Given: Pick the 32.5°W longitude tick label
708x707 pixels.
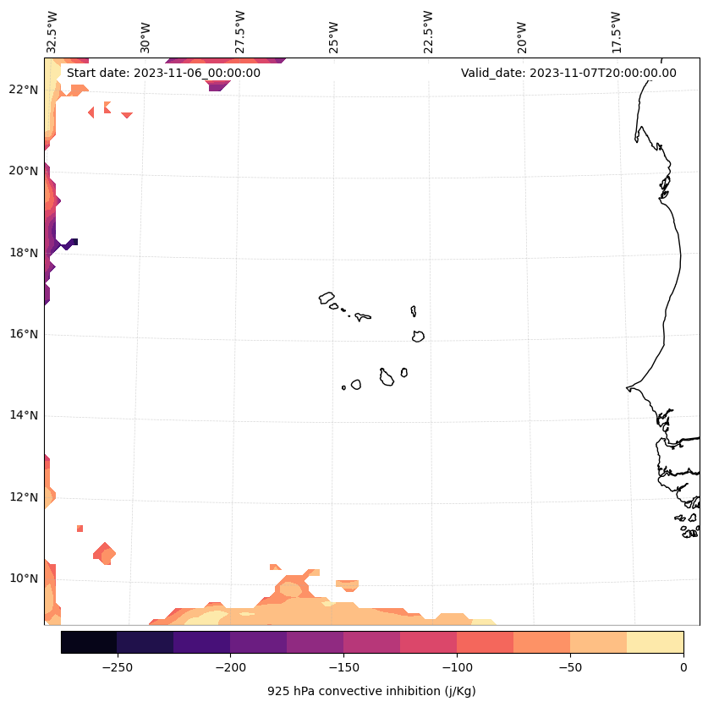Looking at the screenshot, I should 52,31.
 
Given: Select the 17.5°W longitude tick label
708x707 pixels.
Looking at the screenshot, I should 617,31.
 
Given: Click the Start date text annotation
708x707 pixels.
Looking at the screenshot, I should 163,73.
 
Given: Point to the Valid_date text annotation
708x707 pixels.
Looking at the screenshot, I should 568,73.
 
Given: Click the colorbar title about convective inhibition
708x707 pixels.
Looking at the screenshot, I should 371,691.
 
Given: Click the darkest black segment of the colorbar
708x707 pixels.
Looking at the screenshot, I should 89,642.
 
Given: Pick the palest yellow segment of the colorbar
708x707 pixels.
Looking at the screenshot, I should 655,642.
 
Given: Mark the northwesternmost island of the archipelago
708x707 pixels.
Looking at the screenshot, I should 327,298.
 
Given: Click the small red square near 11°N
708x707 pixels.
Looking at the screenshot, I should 80,529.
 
